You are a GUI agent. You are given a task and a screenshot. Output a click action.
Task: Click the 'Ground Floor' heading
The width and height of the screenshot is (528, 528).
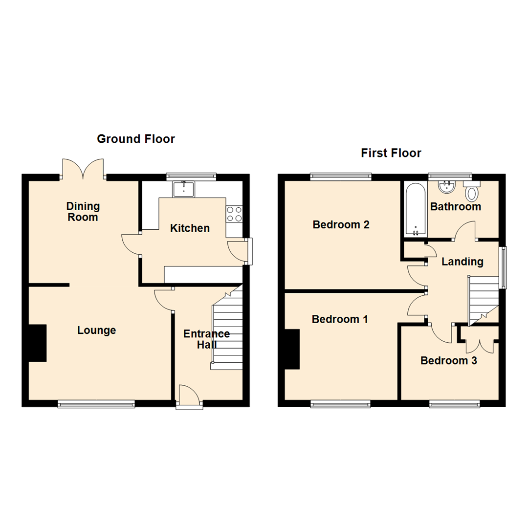click(x=136, y=139)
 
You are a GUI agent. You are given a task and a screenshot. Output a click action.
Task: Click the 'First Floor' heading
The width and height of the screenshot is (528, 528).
click(x=391, y=153)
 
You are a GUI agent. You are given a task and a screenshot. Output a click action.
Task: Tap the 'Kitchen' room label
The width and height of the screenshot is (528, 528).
click(x=190, y=228)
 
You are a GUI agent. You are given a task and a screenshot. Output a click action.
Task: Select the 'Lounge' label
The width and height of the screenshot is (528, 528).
click(x=97, y=330)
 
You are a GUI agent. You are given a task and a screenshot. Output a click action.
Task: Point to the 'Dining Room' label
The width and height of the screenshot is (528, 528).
click(x=83, y=212)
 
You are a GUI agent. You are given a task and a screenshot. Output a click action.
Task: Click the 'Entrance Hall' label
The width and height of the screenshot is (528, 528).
click(x=206, y=339)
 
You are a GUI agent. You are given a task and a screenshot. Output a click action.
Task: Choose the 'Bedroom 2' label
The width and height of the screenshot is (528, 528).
click(x=341, y=225)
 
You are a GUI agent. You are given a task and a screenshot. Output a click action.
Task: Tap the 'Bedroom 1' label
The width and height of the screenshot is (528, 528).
click(x=340, y=319)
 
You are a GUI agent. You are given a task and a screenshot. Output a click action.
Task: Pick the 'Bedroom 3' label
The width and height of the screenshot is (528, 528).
click(x=449, y=361)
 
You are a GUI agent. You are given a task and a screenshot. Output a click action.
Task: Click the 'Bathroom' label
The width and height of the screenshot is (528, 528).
click(x=456, y=207)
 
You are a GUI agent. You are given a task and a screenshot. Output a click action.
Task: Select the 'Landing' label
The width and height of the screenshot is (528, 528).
click(x=462, y=262)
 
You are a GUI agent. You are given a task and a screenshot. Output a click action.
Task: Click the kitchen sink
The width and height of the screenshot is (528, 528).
click(x=184, y=188)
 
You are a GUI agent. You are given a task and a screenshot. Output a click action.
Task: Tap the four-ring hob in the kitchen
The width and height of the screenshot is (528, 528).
click(x=234, y=213)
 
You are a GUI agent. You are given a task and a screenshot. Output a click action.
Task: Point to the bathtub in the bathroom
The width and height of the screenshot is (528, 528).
click(x=416, y=209)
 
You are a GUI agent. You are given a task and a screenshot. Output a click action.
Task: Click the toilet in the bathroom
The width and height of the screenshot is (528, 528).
click(x=472, y=192)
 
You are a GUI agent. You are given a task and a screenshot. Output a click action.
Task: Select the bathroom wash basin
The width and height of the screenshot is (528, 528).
click(x=446, y=186)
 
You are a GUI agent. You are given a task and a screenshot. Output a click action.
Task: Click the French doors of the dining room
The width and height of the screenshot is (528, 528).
click(x=83, y=169)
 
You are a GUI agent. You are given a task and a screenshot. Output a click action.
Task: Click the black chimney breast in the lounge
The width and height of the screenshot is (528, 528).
click(x=37, y=343)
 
